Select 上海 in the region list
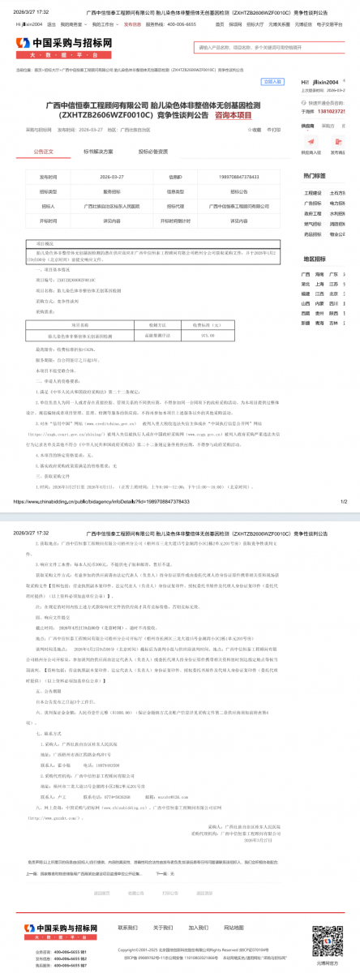pos(321,284)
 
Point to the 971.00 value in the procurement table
pos(207,334)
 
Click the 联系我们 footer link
pos(128,927)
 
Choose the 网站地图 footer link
pos(234,927)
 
